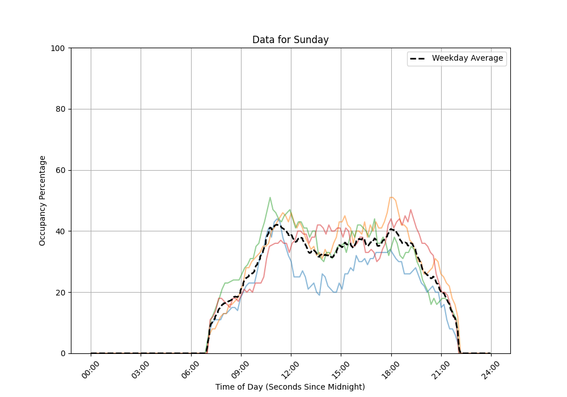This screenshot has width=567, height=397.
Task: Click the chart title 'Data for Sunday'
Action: click(290, 40)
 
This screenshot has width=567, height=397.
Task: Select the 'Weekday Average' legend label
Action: click(467, 58)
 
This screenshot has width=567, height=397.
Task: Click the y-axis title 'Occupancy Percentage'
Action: click(43, 200)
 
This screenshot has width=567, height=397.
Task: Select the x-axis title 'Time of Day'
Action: click(290, 387)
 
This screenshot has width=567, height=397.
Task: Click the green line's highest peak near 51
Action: click(270, 197)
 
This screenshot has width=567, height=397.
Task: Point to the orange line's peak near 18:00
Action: click(391, 197)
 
